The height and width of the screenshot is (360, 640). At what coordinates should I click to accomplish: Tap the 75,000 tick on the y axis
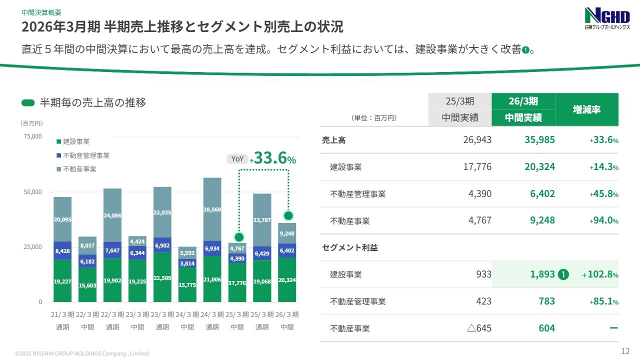tap(32, 136)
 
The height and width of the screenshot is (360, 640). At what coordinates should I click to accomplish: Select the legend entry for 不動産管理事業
tap(86, 155)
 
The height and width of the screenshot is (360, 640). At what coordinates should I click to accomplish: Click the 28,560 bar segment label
tap(212, 209)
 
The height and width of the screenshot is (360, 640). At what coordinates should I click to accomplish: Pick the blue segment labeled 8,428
tap(62, 250)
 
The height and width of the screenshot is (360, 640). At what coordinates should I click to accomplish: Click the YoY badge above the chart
tap(237, 159)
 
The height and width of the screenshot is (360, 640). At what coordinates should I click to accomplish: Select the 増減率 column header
tap(586, 109)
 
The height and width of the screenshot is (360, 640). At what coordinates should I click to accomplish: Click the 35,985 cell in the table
tap(539, 140)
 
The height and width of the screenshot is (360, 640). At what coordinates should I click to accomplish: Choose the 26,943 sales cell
tap(477, 140)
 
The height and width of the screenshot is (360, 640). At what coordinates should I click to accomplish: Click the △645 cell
tap(479, 328)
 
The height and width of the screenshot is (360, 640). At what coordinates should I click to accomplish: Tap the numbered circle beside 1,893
tap(563, 274)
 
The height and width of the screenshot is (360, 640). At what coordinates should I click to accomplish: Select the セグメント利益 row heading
tap(350, 247)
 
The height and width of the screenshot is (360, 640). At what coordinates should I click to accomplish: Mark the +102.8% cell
tap(600, 274)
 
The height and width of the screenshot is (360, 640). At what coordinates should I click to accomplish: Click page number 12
tap(624, 350)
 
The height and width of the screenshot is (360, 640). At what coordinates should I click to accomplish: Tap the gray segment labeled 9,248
tap(287, 233)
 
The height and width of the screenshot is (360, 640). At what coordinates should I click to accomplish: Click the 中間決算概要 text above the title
tap(41, 12)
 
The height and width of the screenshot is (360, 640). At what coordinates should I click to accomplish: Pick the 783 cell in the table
tap(546, 301)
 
